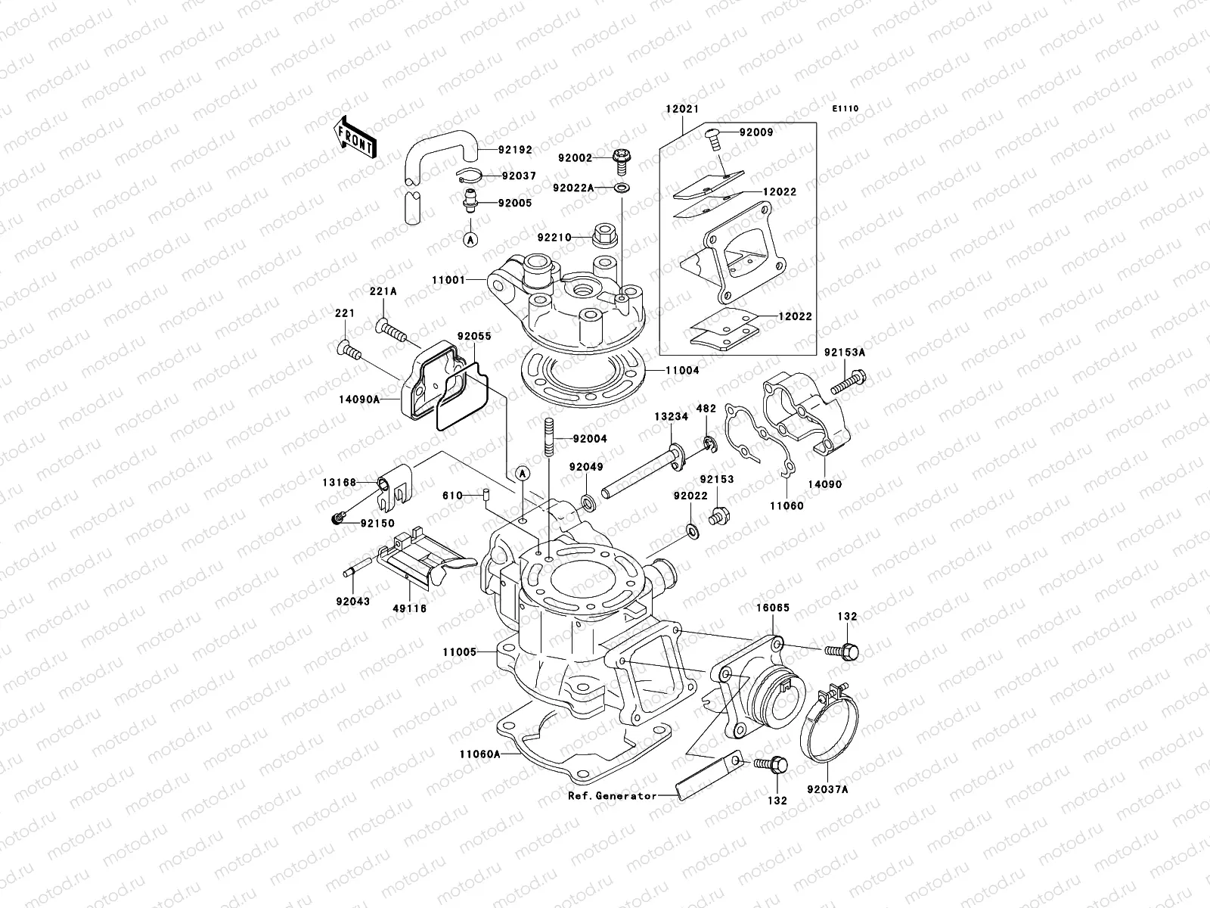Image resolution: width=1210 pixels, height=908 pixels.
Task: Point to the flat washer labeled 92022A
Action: click(x=621, y=188)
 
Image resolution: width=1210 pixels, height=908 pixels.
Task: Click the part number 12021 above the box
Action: click(x=682, y=109)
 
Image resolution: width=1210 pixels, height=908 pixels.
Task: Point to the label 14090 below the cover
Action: click(x=824, y=484)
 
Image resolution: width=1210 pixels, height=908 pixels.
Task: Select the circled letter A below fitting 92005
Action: click(x=469, y=239)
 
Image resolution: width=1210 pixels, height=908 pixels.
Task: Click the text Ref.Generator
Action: click(x=613, y=796)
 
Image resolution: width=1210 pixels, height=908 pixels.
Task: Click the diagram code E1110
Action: click(x=845, y=109)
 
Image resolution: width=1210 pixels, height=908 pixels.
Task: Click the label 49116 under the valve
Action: click(x=408, y=629)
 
